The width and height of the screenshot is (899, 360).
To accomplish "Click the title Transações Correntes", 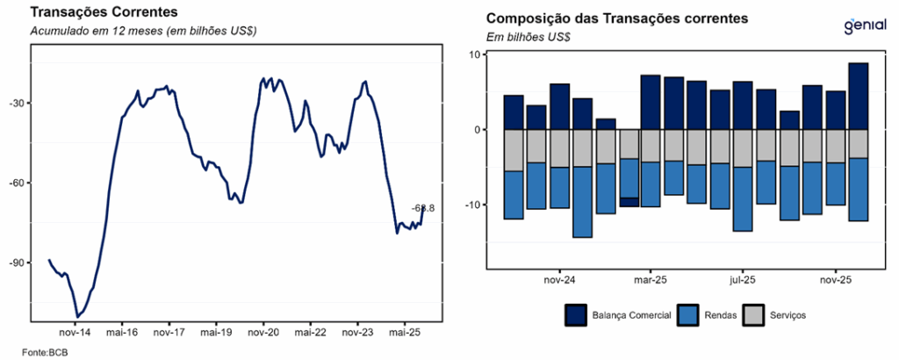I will pos(104,12).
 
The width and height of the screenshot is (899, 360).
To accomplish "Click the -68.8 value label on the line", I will pos(423,208).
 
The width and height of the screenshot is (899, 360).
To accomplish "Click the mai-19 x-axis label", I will pos(215,334).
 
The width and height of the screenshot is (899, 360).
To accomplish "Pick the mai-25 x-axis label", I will pos(403,334).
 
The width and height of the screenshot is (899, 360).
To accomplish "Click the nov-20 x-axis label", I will pos(263,334).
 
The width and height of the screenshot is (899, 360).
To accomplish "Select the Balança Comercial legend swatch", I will pos(576,314).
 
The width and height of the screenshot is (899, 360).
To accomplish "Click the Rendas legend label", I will pos(720,314).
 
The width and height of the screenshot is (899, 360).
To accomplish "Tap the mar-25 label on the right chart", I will pos(651,281).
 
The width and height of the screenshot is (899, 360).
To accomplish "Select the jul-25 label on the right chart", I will pos(743,281).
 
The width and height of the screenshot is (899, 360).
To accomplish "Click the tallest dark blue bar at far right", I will pos(858,97).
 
